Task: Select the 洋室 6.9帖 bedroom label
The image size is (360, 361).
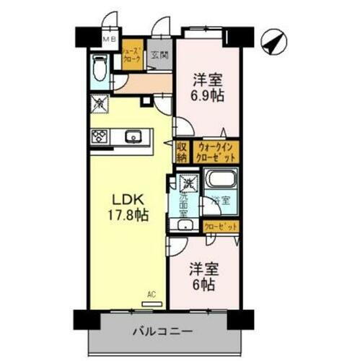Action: coord(208,88)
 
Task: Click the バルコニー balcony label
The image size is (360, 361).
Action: coord(162,332)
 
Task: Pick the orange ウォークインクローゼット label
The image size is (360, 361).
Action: coord(216,152)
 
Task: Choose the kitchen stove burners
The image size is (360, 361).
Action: coord(100,136)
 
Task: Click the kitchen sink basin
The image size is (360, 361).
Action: coord(133,136)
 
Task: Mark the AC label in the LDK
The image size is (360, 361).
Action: coord(152,295)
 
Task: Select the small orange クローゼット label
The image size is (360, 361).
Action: coord(218,227)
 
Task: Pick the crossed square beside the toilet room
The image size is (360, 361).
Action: coord(99,104)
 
